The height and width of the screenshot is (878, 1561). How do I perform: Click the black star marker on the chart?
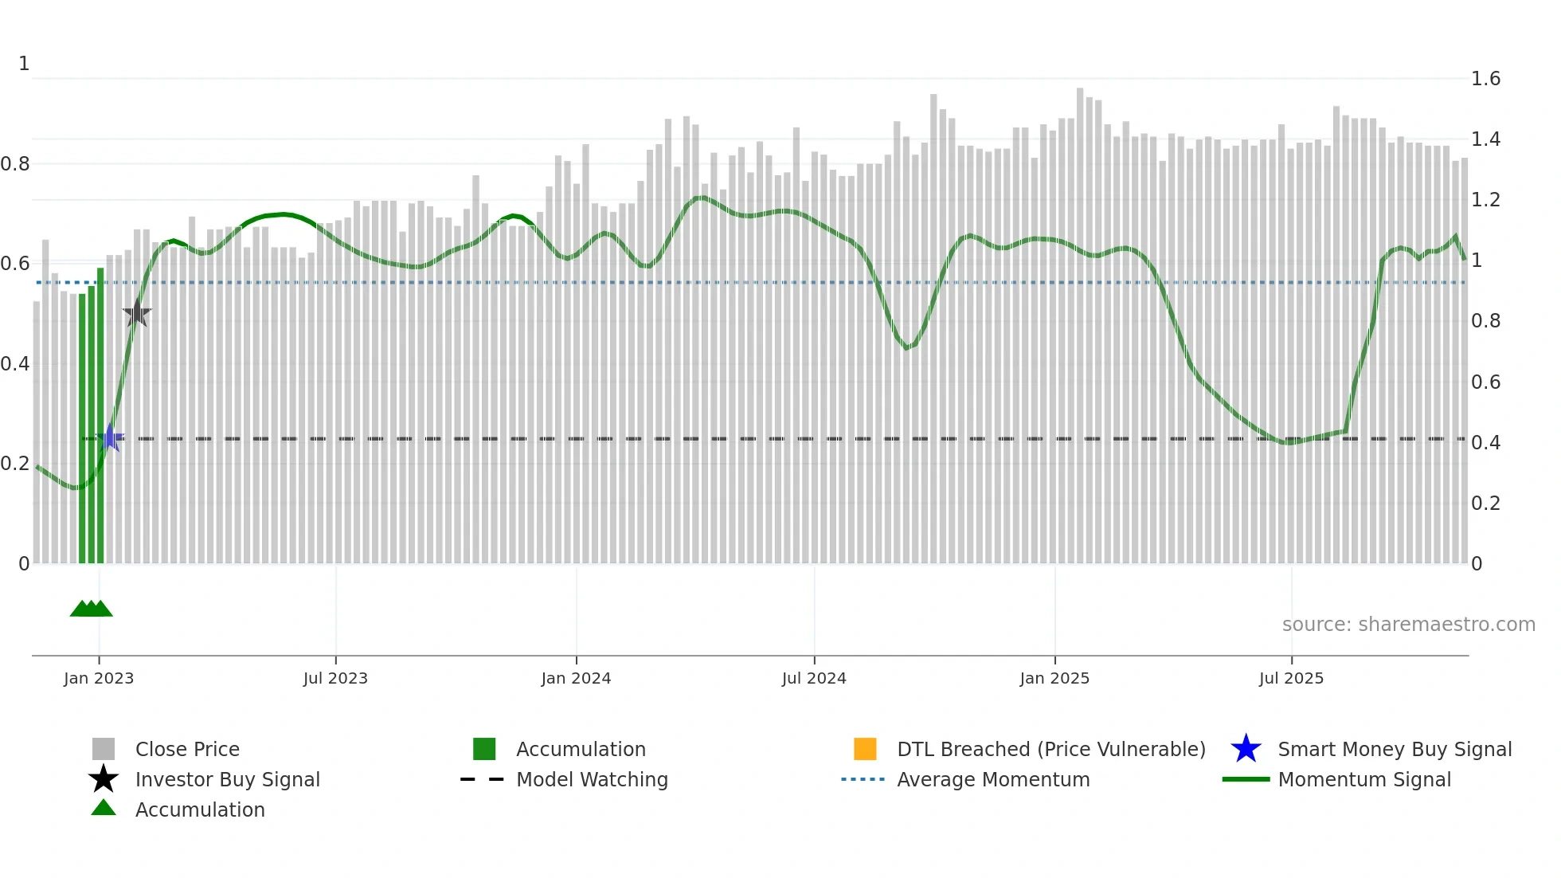[x=137, y=313]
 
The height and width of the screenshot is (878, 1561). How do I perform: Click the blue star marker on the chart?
[x=111, y=437]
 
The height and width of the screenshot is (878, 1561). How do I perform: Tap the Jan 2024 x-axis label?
[x=576, y=678]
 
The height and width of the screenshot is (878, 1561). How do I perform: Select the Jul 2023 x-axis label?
[x=335, y=678]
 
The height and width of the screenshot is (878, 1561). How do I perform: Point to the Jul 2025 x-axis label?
[x=1291, y=678]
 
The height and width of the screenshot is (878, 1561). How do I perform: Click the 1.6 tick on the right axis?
[x=1485, y=79]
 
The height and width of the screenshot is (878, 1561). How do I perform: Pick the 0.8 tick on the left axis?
[x=15, y=164]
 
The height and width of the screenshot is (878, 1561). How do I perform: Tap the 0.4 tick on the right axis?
[x=1485, y=442]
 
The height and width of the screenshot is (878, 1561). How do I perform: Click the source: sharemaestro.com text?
[x=1408, y=625]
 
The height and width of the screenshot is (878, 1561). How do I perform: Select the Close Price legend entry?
[x=187, y=749]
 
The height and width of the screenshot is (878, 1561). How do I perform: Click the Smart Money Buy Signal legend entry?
[x=1394, y=749]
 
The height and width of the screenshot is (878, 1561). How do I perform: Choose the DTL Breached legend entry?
[x=1050, y=749]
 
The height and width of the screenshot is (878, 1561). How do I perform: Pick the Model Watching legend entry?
[x=592, y=779]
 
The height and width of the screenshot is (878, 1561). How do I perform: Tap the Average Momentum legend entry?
[x=993, y=779]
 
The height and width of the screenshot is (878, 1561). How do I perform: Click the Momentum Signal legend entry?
[x=1364, y=779]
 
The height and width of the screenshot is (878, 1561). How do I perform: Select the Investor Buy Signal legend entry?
[x=227, y=779]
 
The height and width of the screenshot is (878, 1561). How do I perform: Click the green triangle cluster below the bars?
[x=92, y=609]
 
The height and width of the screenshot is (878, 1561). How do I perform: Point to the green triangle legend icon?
[x=104, y=808]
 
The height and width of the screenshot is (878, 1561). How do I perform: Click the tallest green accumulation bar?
[x=100, y=414]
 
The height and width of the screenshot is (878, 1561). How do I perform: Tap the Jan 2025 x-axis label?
[x=1054, y=678]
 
